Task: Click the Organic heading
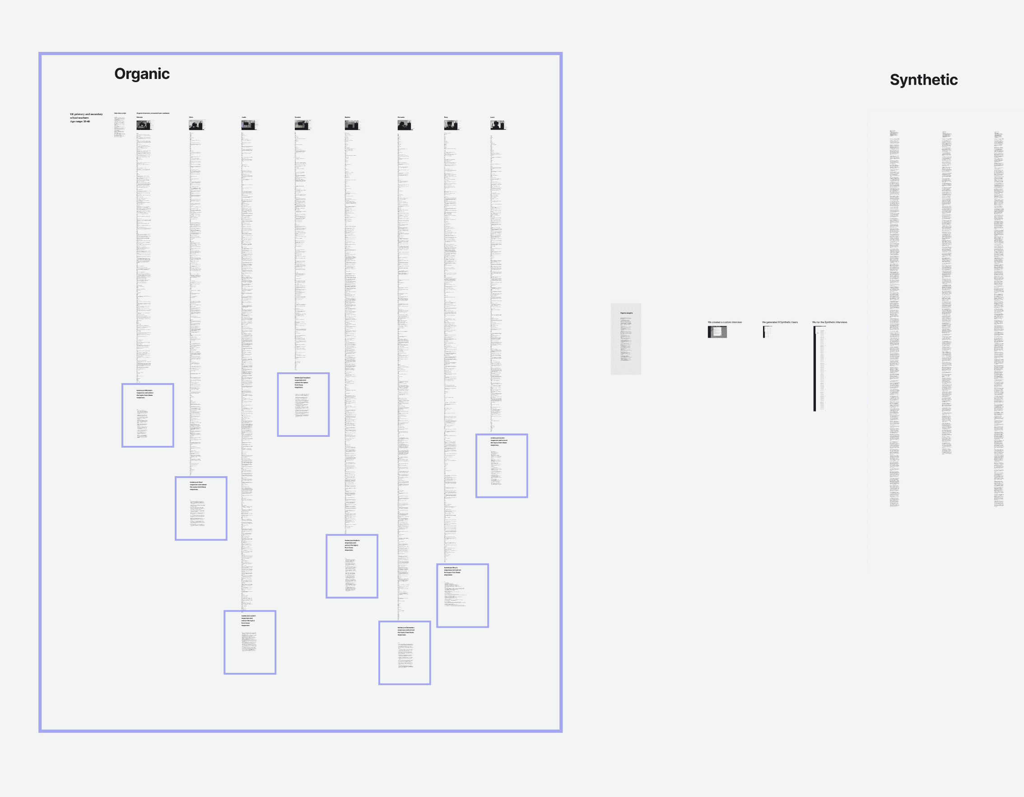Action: point(142,74)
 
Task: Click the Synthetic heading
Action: point(923,80)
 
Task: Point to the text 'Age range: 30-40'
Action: point(80,121)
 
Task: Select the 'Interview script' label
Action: point(120,113)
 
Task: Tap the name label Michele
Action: point(139,117)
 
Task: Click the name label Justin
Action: point(244,117)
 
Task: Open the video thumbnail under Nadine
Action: point(352,125)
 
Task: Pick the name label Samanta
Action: point(401,117)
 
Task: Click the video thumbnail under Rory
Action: point(451,125)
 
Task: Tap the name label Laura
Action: point(492,117)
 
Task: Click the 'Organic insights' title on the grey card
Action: point(626,313)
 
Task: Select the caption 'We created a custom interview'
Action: point(724,322)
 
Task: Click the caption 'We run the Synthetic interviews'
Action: point(829,322)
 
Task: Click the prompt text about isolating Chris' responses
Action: point(198,486)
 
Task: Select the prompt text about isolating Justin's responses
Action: point(248,621)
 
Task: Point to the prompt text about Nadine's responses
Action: point(352,545)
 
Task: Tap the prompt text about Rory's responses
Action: point(452,571)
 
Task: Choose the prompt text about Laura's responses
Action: point(498,441)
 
